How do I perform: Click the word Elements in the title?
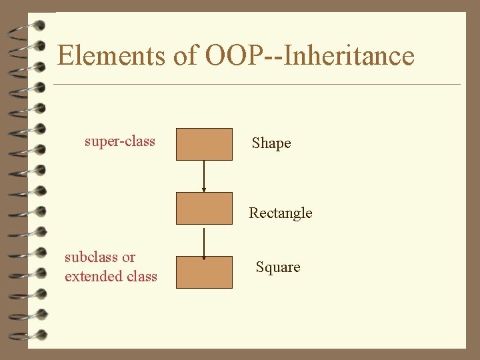pyautogui.click(x=111, y=55)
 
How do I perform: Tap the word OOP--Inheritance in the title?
pyautogui.click(x=310, y=55)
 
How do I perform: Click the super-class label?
pyautogui.click(x=120, y=141)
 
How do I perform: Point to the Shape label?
pyautogui.click(x=271, y=143)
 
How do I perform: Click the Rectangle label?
pyautogui.click(x=280, y=213)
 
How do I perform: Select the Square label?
pyautogui.click(x=278, y=267)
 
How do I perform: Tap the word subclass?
pyautogui.click(x=91, y=257)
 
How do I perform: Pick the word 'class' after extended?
pyautogui.click(x=141, y=276)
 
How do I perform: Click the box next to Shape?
pyautogui.click(x=204, y=144)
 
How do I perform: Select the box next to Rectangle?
pyautogui.click(x=204, y=208)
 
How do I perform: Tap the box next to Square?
pyautogui.click(x=204, y=272)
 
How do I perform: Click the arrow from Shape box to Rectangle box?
pyautogui.click(x=204, y=175)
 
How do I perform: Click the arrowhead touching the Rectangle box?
pyautogui.click(x=204, y=189)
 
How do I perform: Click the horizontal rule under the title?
pyautogui.click(x=257, y=85)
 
